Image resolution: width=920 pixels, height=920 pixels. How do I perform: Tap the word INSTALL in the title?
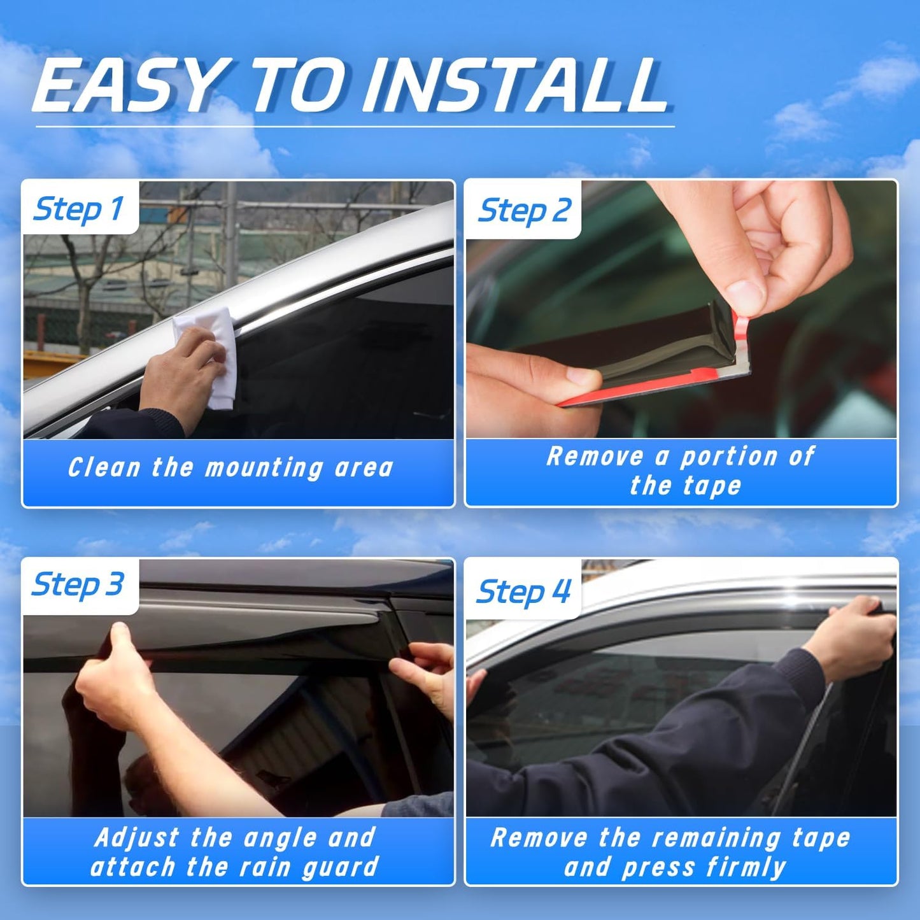click(516, 86)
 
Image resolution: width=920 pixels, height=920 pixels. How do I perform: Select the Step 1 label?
click(79, 209)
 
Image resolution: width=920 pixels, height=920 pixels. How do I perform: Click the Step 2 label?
click(525, 211)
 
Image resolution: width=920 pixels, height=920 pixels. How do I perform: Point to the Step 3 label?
click(78, 584)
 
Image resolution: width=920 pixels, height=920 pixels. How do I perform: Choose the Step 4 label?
click(524, 591)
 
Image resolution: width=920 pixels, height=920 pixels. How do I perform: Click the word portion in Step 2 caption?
click(729, 456)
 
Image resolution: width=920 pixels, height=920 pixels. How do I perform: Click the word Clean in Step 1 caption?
click(104, 468)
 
